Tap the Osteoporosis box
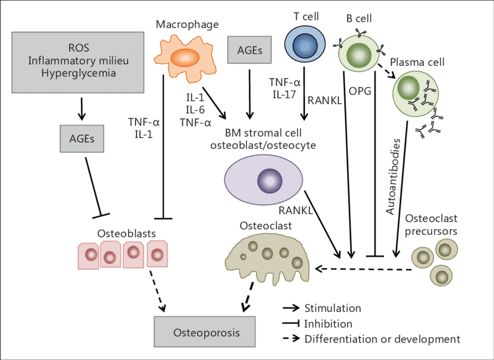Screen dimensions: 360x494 click(x=206, y=333)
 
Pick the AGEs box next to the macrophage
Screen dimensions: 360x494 click(x=249, y=51)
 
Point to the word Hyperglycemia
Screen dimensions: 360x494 click(x=78, y=73)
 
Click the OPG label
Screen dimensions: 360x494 click(x=360, y=91)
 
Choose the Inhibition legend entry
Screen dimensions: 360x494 click(x=328, y=323)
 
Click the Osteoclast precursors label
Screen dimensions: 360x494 click(x=431, y=224)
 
